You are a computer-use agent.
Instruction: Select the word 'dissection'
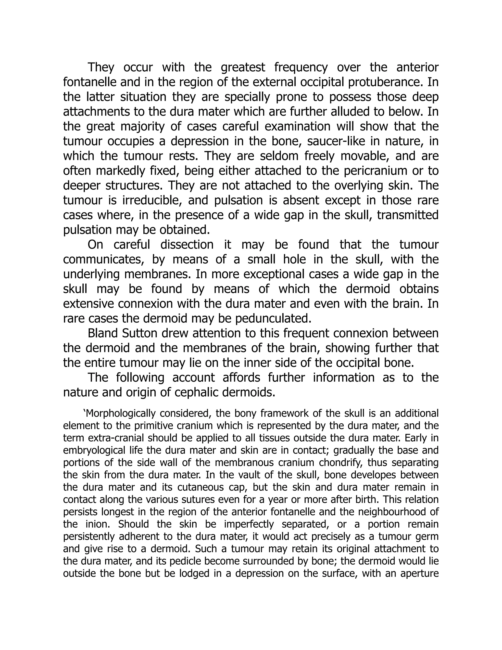tap(187, 245)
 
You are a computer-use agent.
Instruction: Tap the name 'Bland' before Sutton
tap(103, 333)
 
